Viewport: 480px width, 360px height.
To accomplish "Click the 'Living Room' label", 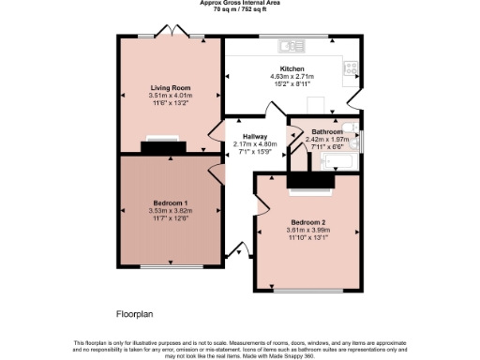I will [x=169, y=88].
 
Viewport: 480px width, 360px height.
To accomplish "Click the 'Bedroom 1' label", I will [x=171, y=202].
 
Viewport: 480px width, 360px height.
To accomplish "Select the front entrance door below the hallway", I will [x=235, y=250].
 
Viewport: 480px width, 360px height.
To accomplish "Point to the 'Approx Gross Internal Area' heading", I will [x=240, y=3].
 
